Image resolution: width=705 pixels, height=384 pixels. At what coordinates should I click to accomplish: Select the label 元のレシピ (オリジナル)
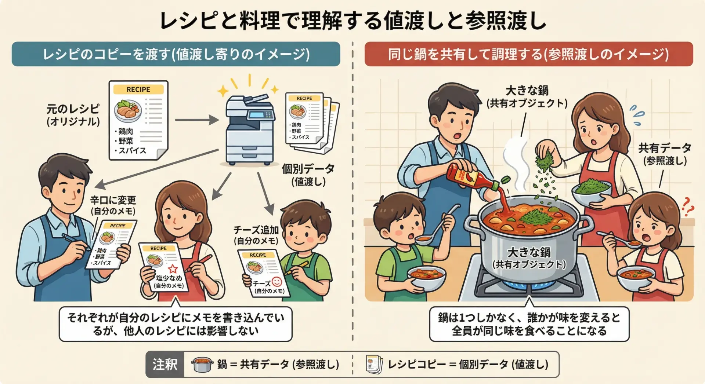point(73,115)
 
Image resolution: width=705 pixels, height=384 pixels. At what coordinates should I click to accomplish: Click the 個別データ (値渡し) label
point(308,175)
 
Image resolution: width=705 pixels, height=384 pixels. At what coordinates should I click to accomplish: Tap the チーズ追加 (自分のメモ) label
point(256,235)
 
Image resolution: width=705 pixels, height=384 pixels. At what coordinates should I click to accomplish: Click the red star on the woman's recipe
point(173,268)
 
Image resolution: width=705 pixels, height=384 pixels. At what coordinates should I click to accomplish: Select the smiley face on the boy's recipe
point(277,282)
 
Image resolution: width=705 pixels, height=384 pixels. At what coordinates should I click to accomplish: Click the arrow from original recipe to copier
point(197,120)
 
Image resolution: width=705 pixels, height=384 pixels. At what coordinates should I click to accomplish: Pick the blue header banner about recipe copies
point(176,54)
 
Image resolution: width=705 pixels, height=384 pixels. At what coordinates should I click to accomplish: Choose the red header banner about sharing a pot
point(529,54)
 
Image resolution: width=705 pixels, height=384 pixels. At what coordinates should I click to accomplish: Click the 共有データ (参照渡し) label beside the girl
point(665,154)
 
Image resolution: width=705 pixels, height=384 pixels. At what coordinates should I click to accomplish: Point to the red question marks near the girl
point(687,206)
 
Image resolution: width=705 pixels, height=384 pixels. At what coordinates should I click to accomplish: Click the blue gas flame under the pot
point(529,285)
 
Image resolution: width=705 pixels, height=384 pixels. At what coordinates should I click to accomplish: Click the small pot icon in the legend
point(202,365)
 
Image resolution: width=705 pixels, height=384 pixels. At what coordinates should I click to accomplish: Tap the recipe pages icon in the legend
point(374,365)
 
